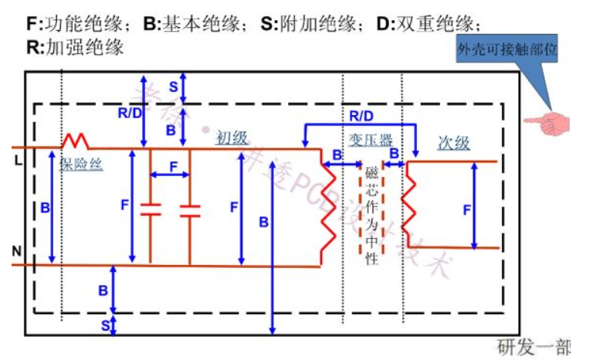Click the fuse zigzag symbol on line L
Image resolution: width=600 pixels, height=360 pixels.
[75, 141]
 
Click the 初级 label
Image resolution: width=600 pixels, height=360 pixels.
[232, 138]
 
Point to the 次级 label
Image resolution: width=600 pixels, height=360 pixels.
[453, 143]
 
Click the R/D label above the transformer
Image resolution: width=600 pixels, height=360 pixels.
[360, 116]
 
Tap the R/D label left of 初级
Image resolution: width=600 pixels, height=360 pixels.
[129, 113]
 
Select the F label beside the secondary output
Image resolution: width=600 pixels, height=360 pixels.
[466, 209]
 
